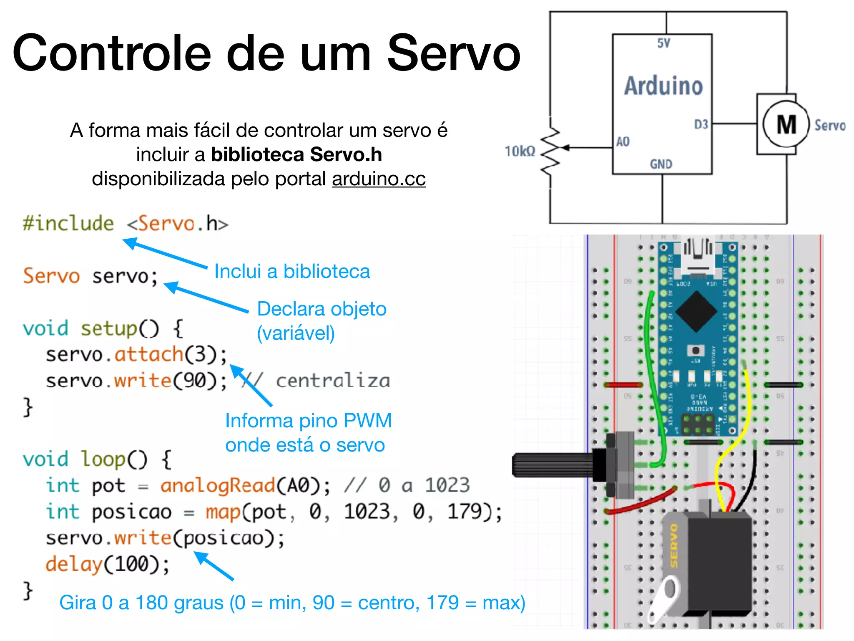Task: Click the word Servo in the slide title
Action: pyautogui.click(x=454, y=53)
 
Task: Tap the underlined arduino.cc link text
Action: pyautogui.click(x=379, y=179)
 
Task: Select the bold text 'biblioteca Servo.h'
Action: pyautogui.click(x=296, y=154)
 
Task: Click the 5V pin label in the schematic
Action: pyautogui.click(x=663, y=43)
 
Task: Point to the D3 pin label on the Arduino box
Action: pyautogui.click(x=701, y=124)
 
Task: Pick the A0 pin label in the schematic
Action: pyautogui.click(x=623, y=142)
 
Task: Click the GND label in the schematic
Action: pyautogui.click(x=661, y=164)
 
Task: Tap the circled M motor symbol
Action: pyautogui.click(x=786, y=124)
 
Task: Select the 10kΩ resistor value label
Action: pyautogui.click(x=520, y=151)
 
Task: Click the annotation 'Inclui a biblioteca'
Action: pyautogui.click(x=292, y=272)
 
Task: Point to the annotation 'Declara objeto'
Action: pyautogui.click(x=322, y=309)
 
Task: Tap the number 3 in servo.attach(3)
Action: pyautogui.click(x=200, y=354)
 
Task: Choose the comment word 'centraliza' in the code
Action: pyautogui.click(x=333, y=381)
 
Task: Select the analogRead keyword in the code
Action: pyautogui.click(x=218, y=485)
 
